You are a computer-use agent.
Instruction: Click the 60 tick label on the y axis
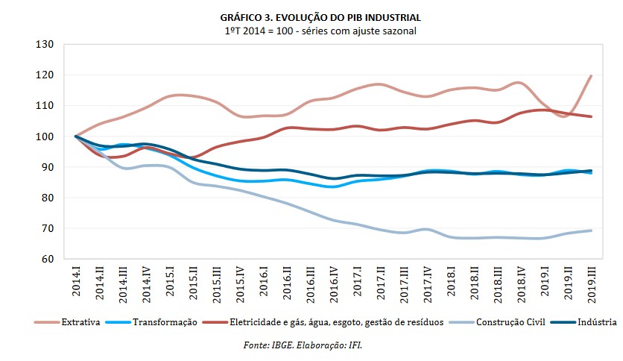pyautogui.click(x=49, y=259)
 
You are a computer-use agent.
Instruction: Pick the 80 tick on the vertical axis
pyautogui.click(x=49, y=198)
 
